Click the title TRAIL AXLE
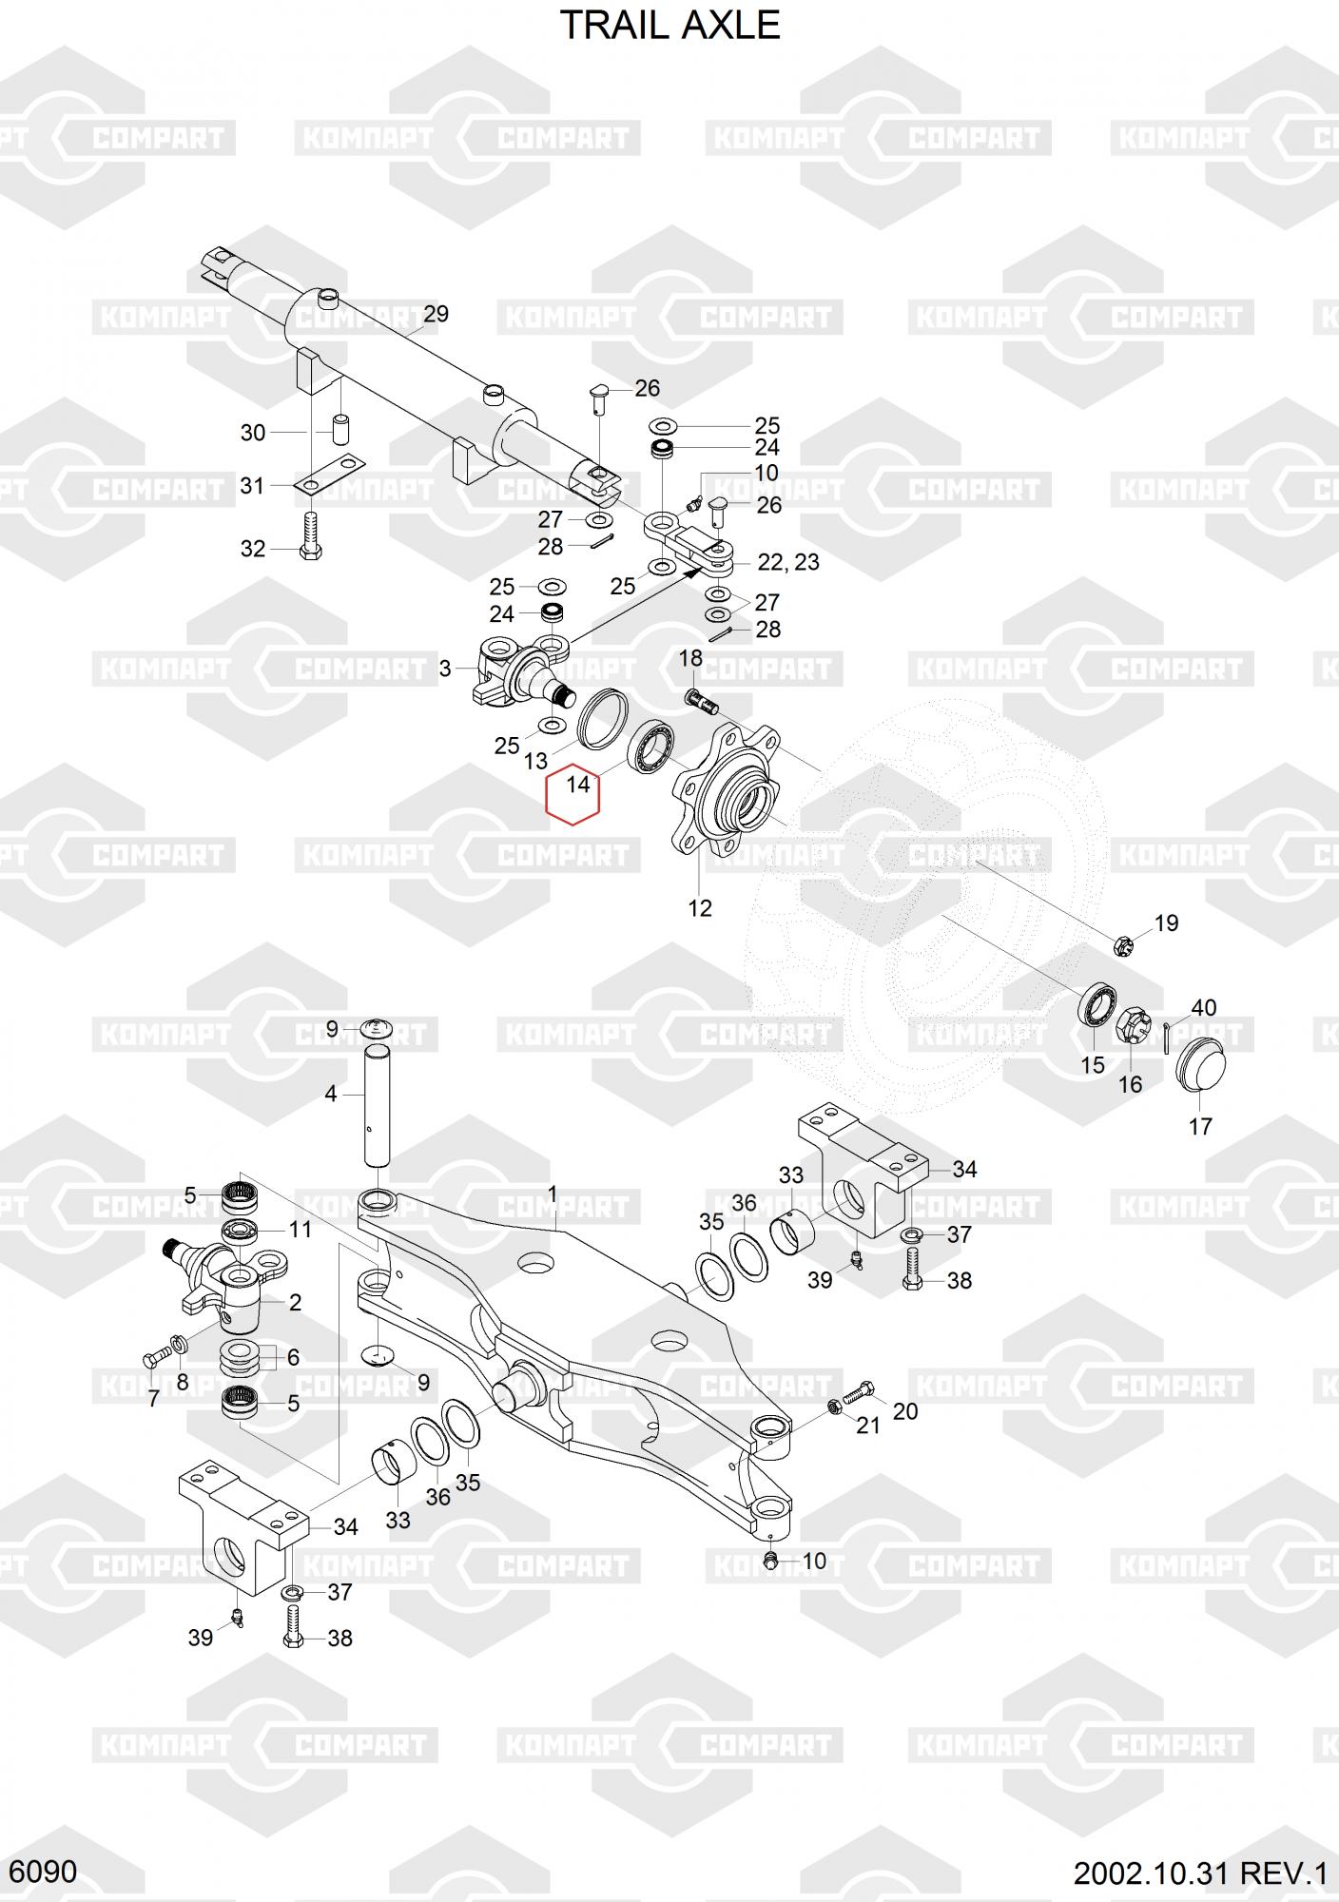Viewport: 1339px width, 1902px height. click(x=669, y=25)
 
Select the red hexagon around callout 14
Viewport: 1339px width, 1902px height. click(x=572, y=793)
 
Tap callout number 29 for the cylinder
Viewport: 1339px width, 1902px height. click(x=436, y=314)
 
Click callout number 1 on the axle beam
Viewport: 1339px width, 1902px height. click(x=553, y=1194)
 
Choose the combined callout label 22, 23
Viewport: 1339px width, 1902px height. click(x=788, y=562)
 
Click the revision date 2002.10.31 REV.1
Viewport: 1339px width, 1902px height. click(x=1200, y=1874)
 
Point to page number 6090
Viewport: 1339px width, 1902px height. click(x=47, y=1873)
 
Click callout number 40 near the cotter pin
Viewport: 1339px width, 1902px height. click(x=1203, y=1007)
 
